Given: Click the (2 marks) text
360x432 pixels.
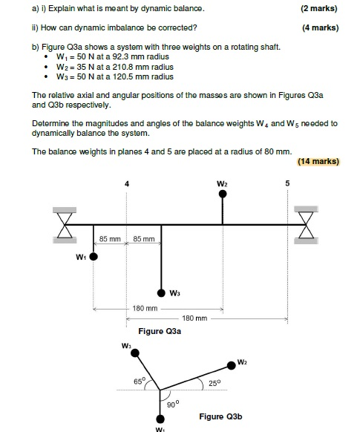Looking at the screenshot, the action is (318, 9).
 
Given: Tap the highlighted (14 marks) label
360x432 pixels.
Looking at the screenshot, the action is (317, 161).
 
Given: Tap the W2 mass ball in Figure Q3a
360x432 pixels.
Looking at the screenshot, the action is (223, 194).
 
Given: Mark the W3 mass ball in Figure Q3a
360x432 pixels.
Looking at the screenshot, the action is (160, 292).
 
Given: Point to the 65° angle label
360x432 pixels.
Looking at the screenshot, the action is (139, 381).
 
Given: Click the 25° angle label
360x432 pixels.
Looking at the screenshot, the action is (214, 382).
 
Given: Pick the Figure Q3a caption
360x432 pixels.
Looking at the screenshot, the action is (160, 330).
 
